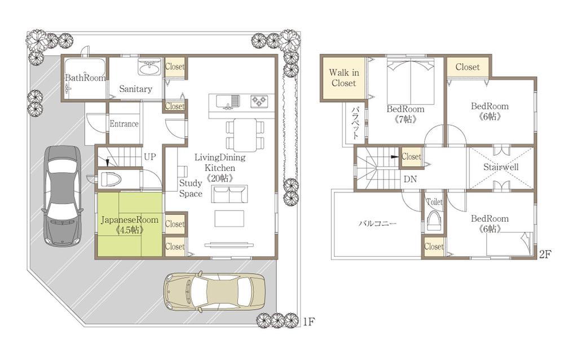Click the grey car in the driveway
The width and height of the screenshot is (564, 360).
click(x=62, y=196)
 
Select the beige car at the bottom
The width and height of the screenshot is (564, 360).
click(x=214, y=291)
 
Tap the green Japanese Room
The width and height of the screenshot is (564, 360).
click(x=130, y=225)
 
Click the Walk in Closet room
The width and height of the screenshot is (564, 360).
click(x=344, y=78)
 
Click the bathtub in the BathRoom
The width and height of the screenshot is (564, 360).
click(x=86, y=77)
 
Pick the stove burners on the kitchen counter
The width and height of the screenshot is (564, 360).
click(x=259, y=101)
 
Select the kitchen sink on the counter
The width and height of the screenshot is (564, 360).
click(x=228, y=101)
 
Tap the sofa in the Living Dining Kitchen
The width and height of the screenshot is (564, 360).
click(x=230, y=194)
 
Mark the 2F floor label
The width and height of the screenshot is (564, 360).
click(x=545, y=254)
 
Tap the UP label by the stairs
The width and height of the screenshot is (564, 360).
click(x=149, y=157)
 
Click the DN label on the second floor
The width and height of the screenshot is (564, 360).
click(x=410, y=179)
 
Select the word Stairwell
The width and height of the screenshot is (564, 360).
click(x=501, y=167)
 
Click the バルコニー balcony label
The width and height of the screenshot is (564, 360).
click(x=377, y=223)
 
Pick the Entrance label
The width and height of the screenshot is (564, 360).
click(x=124, y=124)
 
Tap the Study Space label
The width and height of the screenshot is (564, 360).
click(x=191, y=188)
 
